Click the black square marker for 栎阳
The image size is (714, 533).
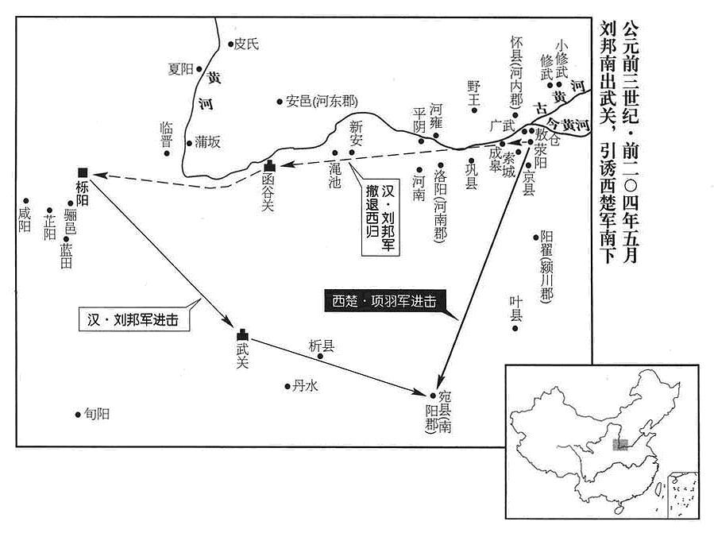(83, 172)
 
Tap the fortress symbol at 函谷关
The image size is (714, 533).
(269, 167)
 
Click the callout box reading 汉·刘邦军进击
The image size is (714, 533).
(134, 320)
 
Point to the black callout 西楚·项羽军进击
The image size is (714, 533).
(384, 301)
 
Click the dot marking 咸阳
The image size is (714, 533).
(26, 201)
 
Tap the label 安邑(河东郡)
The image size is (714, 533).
(322, 101)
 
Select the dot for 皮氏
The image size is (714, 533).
(230, 44)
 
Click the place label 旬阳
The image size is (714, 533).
(97, 414)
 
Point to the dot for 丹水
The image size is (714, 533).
(288, 386)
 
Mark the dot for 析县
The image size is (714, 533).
(320, 356)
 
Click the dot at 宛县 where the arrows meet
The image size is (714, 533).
(433, 396)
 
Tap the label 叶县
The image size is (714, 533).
(516, 308)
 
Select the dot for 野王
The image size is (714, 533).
(474, 110)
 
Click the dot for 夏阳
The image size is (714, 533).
(199, 69)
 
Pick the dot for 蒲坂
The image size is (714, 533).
(189, 143)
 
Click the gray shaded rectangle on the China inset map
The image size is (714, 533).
(620, 445)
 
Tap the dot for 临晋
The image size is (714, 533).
(167, 153)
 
